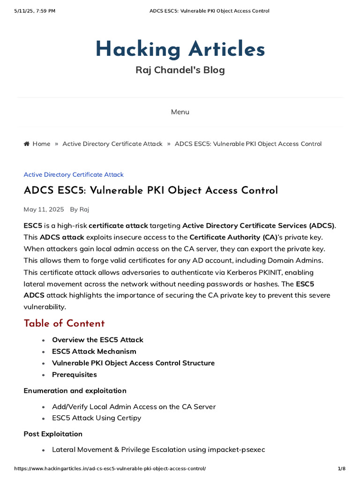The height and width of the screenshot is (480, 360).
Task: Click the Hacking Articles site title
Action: (x=180, y=49)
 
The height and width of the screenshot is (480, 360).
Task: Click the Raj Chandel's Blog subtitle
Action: (x=180, y=70)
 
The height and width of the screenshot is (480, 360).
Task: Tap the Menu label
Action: (x=180, y=112)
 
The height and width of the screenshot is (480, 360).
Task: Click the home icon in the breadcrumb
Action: (x=27, y=144)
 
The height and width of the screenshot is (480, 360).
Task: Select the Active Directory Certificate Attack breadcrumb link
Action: (x=112, y=144)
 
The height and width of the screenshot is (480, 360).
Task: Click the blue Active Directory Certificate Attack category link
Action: (x=74, y=175)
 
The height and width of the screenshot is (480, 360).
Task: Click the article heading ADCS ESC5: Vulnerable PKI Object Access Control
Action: (x=150, y=190)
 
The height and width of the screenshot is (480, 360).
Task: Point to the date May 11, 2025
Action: (x=44, y=209)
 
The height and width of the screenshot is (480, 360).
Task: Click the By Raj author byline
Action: (x=80, y=209)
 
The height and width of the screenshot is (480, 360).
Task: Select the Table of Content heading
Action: (x=64, y=323)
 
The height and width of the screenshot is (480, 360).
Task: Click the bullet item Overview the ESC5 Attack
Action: (x=97, y=340)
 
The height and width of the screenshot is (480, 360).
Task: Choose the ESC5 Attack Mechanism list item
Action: (x=94, y=352)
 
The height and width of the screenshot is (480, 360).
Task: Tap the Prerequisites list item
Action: (x=75, y=375)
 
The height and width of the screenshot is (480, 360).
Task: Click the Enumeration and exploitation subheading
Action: (x=75, y=391)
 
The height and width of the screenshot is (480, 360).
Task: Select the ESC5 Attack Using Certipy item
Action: (x=97, y=418)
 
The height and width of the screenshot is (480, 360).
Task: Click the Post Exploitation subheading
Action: (x=53, y=434)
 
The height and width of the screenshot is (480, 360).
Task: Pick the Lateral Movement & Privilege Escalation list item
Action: (x=158, y=450)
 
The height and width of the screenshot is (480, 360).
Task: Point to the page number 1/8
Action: (x=341, y=469)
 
